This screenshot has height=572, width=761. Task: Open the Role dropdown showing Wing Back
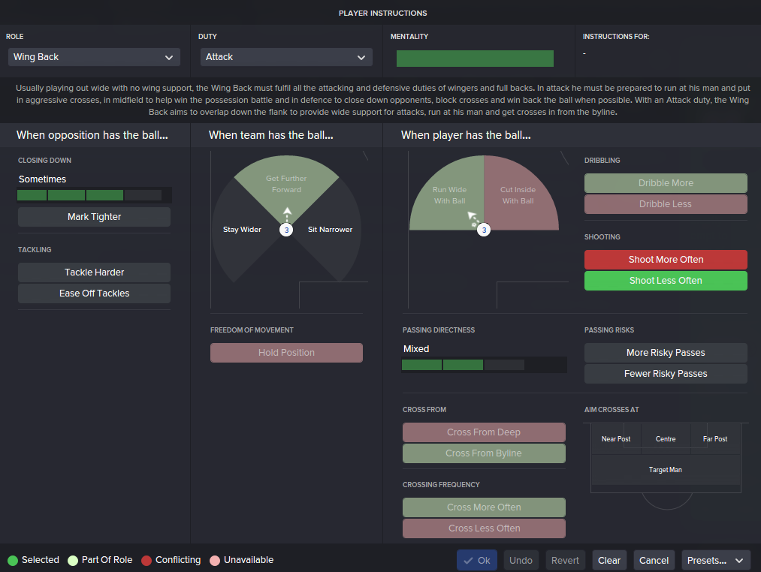point(94,57)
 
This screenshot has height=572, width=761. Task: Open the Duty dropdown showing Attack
point(286,57)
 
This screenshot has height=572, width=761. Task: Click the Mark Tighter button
point(94,217)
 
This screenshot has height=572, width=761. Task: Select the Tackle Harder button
point(94,272)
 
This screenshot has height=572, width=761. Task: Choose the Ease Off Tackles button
point(94,294)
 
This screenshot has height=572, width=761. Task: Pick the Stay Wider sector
point(242,230)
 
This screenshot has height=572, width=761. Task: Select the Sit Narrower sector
point(331,230)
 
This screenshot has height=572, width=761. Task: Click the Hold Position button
point(286,353)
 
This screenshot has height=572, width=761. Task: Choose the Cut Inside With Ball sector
point(518,195)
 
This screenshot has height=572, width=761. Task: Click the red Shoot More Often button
point(666,260)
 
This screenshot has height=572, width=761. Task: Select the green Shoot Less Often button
point(666,281)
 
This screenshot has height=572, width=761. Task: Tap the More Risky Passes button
point(666,353)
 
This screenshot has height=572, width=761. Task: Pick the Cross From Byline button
point(484,453)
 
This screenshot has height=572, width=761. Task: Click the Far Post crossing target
point(715,439)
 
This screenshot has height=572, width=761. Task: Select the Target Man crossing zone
point(666,470)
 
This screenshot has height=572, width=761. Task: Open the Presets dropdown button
point(716,561)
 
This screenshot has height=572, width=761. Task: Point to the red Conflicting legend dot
point(146,560)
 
